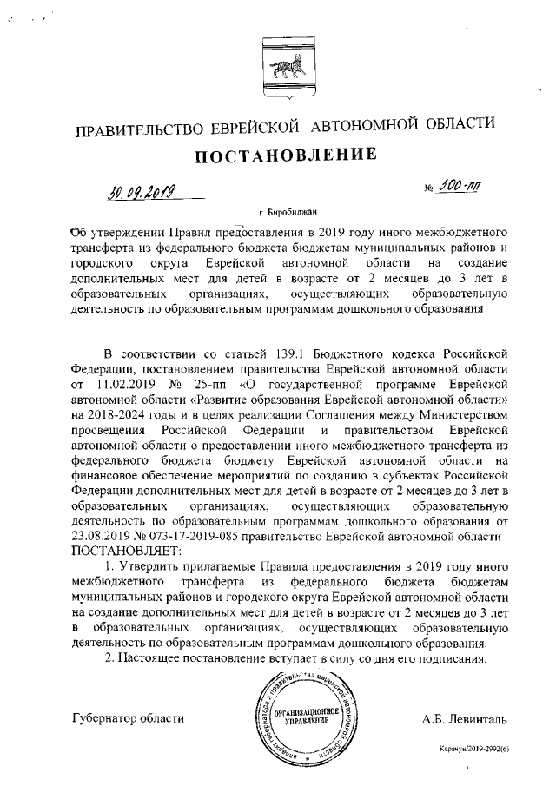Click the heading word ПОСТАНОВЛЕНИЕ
[277, 156]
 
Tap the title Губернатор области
[128, 717]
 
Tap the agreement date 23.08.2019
[103, 536]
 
